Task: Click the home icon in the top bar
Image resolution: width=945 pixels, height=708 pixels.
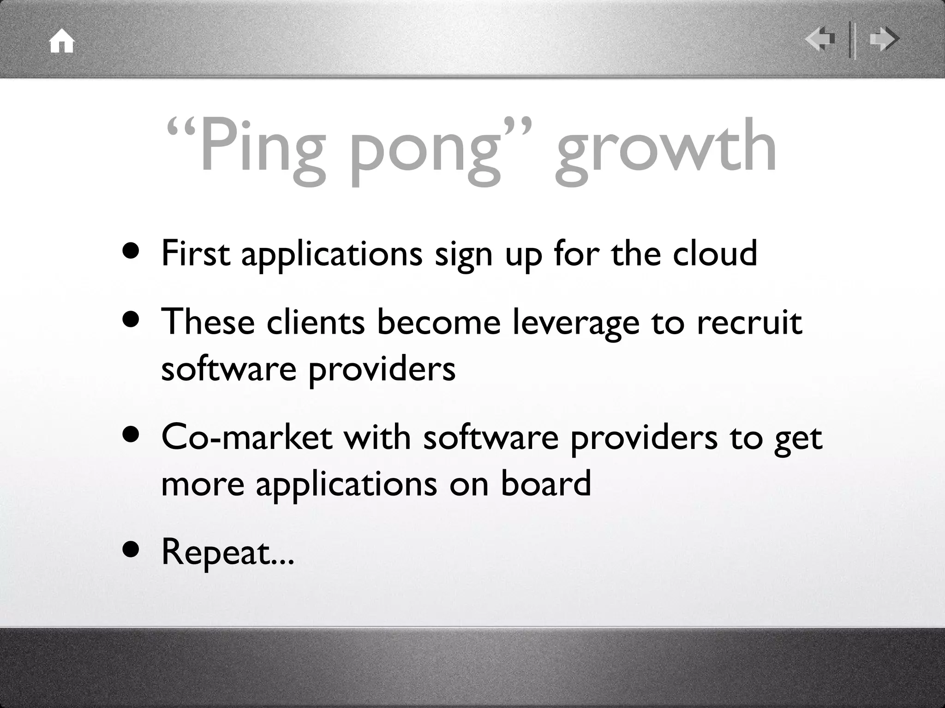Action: pyautogui.click(x=62, y=42)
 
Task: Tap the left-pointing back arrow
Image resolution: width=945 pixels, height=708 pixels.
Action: pyautogui.click(x=820, y=39)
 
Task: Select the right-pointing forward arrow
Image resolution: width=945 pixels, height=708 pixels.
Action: pyautogui.click(x=884, y=39)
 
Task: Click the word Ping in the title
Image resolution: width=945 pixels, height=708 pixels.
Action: pyautogui.click(x=262, y=147)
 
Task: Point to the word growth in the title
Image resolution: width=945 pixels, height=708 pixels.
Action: pyautogui.click(x=666, y=147)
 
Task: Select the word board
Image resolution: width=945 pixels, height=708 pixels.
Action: pyautogui.click(x=545, y=483)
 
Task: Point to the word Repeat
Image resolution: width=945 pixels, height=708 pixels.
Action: pyautogui.click(x=216, y=552)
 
